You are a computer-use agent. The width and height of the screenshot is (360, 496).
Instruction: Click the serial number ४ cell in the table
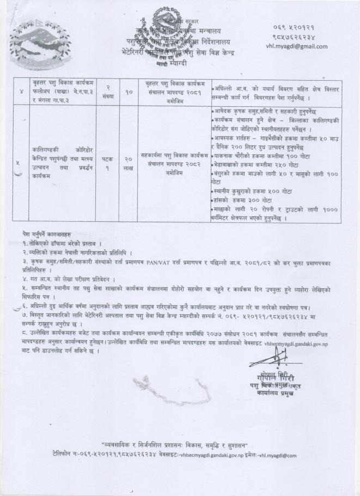[20, 89]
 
